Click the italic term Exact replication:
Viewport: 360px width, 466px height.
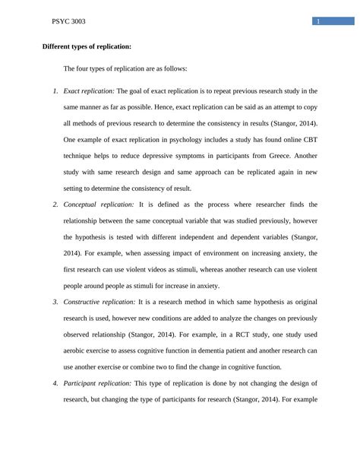pos(90,90)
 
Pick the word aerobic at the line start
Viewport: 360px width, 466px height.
pos(76,350)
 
